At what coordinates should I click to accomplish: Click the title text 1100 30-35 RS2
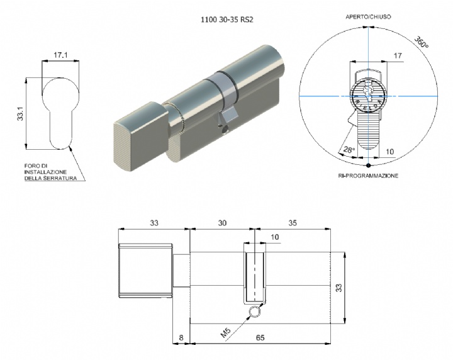click(226, 20)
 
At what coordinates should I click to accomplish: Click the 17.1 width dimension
click(60, 55)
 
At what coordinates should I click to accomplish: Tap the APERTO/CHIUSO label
click(368, 17)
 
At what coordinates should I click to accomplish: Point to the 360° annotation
click(421, 42)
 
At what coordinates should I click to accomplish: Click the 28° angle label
click(349, 150)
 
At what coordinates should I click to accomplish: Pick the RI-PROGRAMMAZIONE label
click(368, 176)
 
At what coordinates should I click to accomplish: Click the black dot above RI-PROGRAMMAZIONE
click(368, 166)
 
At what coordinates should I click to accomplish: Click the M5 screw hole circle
click(255, 312)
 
